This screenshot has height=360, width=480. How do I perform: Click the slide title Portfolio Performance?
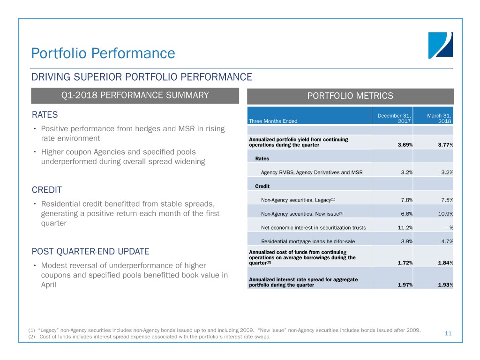pos(103,53)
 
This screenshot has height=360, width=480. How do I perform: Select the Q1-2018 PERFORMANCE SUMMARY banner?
pos(135,96)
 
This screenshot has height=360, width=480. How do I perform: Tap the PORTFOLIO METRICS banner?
pos(350,96)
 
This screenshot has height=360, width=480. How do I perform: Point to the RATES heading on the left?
pos(45,115)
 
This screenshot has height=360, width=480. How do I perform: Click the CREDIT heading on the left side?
pos(47,190)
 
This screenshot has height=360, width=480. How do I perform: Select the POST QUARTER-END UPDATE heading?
pos(90,251)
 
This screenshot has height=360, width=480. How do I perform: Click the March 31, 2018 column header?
pos(439,118)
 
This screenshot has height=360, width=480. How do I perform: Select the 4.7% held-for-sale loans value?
pos(447,241)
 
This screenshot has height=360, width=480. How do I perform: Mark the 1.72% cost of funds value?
pos(405,262)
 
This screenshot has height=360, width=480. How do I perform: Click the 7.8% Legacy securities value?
pos(406,200)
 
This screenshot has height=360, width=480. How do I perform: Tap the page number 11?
pos(448,333)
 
